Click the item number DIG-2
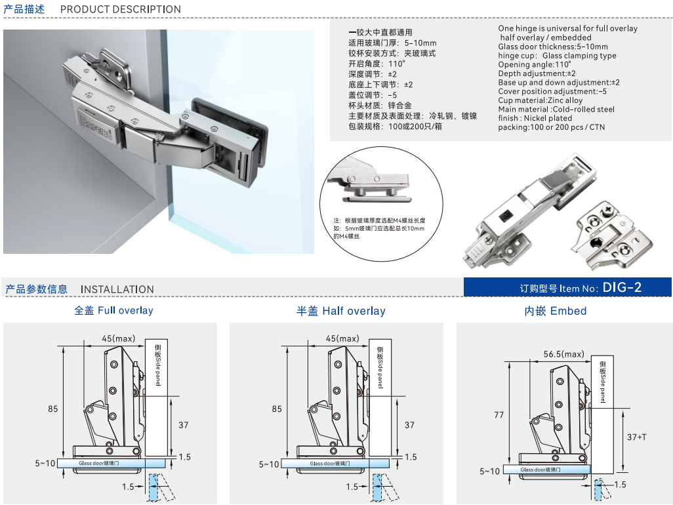coord(622,287)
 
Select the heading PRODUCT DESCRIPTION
coord(121,9)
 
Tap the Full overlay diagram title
coord(113,310)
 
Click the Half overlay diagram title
coord(341,311)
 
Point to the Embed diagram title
coord(556,311)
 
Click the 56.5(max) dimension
coord(563,354)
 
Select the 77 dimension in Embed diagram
coord(499,415)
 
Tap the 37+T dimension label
coord(636,437)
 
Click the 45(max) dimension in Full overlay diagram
coord(119,338)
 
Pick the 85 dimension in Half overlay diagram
coord(277,409)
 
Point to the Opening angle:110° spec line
coord(535,64)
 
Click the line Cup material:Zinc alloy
coord(540,100)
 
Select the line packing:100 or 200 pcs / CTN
coord(552,127)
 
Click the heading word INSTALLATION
coord(117,289)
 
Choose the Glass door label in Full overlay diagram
coord(99,463)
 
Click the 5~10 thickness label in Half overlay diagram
coord(269,464)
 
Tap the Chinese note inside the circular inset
coord(379,228)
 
